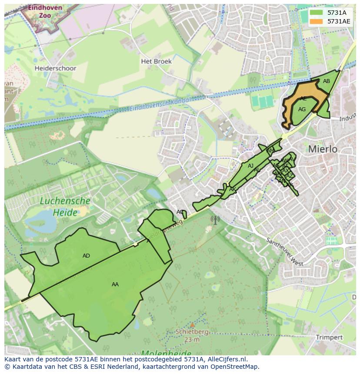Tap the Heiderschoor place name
pos(55,68)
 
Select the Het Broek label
pos(156,61)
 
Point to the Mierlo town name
pos(323,149)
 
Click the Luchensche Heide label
pos(65,207)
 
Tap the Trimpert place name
pos(329,337)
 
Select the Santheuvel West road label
pos(284,252)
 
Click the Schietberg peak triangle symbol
pos(192,324)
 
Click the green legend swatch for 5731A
pos(316,13)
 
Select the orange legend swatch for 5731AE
pos(316,21)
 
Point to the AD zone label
pos(86,256)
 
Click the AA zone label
pos(115,285)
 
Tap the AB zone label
pos(326,81)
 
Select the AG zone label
pos(302,109)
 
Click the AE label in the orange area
pos(303,99)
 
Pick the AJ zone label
pos(250,166)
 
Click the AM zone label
pos(270,151)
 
